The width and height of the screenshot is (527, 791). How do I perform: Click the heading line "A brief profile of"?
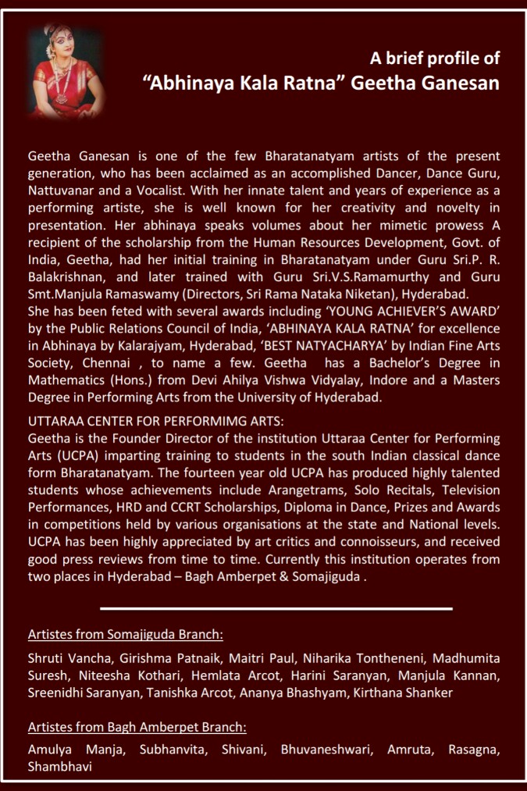435,58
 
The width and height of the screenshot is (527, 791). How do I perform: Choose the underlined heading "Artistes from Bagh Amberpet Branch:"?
137,727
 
